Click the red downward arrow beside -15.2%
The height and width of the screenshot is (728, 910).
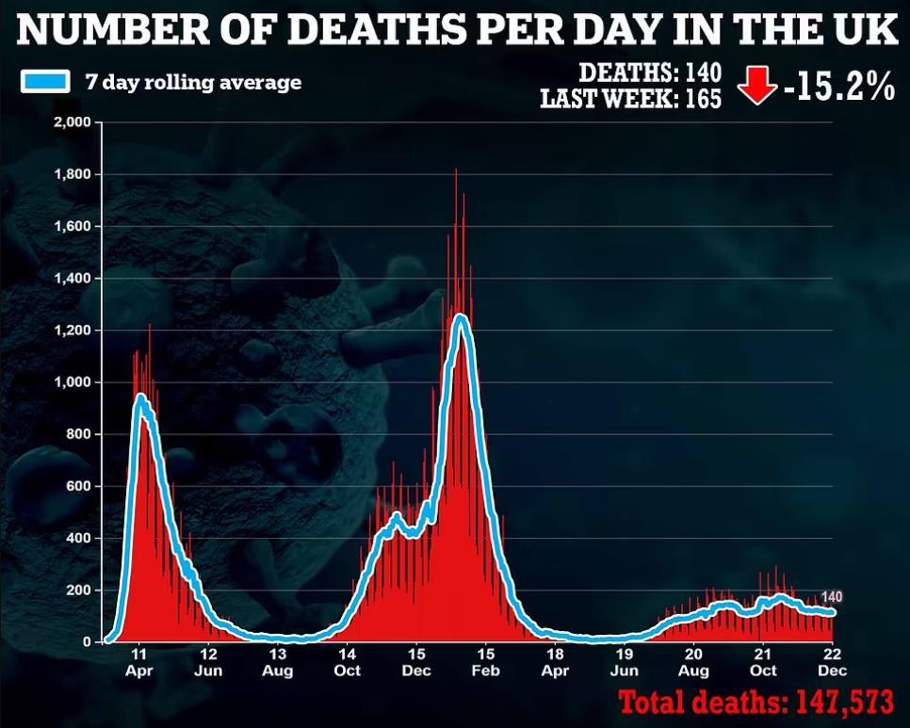point(756,87)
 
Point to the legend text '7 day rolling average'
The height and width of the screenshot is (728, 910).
point(192,82)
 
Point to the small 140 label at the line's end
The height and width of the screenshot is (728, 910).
point(832,596)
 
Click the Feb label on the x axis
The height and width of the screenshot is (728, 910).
point(485,671)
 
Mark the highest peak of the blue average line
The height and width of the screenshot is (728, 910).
point(460,316)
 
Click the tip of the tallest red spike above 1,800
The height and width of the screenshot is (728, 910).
point(456,170)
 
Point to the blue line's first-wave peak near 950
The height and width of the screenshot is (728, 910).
point(140,397)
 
